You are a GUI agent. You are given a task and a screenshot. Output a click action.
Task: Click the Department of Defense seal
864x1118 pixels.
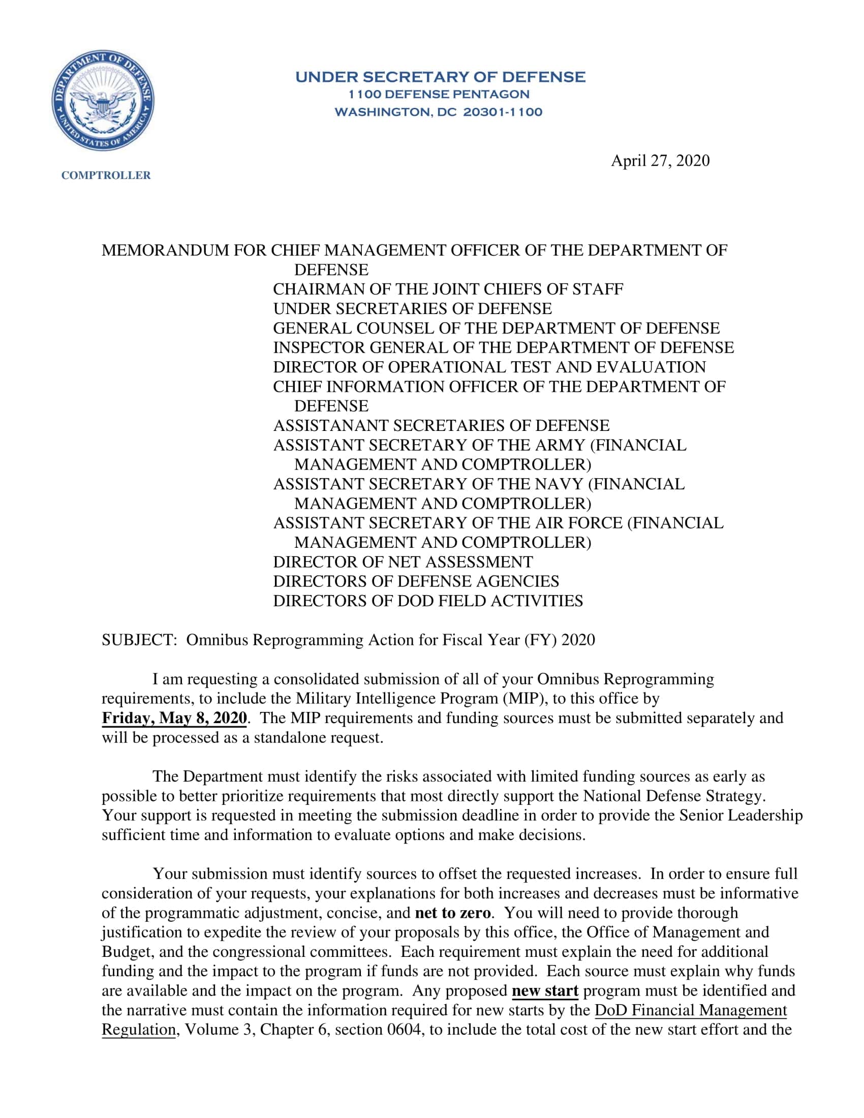coord(102,101)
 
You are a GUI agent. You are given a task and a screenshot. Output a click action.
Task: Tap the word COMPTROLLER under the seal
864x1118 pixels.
coord(106,175)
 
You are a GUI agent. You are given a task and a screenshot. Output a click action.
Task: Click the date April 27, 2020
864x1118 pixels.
coord(660,161)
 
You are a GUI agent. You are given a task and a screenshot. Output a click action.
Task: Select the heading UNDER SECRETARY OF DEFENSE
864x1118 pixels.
coord(440,77)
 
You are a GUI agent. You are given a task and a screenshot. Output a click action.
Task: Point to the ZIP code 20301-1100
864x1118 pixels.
coord(502,112)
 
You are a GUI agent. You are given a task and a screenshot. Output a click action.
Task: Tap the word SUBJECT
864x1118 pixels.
coord(138,640)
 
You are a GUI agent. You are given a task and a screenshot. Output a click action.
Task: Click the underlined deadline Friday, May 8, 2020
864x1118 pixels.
coord(174,718)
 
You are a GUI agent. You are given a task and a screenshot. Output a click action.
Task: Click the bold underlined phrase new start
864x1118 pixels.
coord(545,990)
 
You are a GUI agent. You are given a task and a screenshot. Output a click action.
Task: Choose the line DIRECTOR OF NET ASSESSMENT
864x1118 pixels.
coord(403,562)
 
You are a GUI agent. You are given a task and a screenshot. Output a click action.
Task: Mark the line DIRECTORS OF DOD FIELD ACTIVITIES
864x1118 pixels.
coord(428,601)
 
